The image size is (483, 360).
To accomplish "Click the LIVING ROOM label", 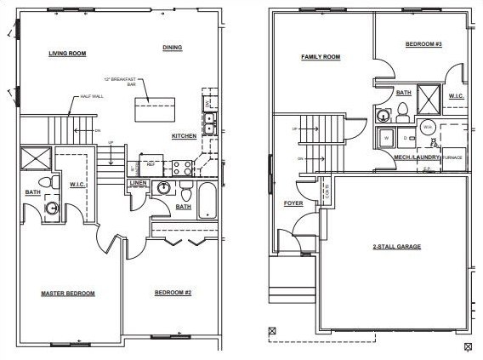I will (x=68, y=54).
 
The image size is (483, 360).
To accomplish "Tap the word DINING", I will (x=173, y=48).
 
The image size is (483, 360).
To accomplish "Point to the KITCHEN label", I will (x=184, y=136).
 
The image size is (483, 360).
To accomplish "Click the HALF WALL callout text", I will (x=91, y=96).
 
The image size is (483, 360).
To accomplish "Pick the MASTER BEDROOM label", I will (x=68, y=294).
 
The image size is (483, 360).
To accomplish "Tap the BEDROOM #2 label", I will (x=173, y=294).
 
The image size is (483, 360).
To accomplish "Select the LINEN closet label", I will (x=139, y=183).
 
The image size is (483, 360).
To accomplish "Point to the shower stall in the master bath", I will (x=37, y=157).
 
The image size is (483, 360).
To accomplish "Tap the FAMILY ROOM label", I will (x=321, y=57).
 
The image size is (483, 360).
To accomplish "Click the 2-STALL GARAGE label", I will (x=397, y=247).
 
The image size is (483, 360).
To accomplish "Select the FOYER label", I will (x=293, y=204).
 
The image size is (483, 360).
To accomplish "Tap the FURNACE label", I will (x=452, y=157).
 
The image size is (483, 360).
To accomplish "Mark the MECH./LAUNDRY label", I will (x=417, y=157).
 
